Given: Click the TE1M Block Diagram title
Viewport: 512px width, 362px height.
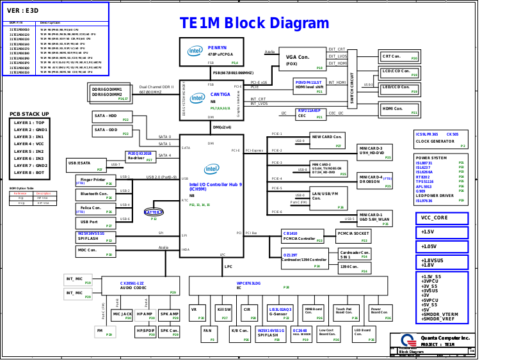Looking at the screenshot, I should click(x=263, y=24).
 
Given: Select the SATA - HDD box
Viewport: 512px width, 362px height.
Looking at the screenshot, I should click(x=112, y=118).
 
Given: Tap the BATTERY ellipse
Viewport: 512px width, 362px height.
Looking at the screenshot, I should click(x=154, y=212).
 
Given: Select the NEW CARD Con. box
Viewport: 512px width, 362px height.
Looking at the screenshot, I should click(x=330, y=139).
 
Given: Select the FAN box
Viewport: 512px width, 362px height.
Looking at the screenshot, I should click(x=207, y=333).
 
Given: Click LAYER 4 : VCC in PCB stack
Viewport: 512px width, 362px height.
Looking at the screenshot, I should click(x=30, y=144).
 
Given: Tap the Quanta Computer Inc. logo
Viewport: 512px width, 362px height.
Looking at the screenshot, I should click(x=408, y=340).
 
